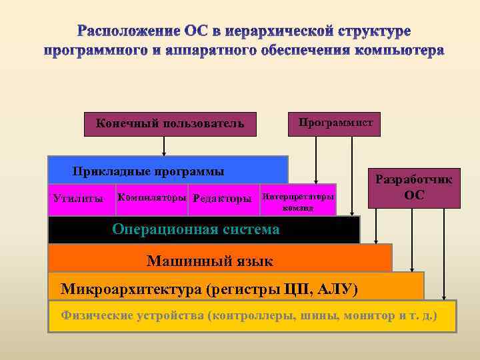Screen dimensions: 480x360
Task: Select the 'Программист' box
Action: [335, 123]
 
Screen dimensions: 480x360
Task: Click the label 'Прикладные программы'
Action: [148, 171]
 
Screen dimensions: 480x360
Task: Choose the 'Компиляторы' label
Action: [153, 198]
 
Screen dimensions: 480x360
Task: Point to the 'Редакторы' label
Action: [222, 199]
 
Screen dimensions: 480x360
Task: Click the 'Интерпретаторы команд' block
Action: [298, 201]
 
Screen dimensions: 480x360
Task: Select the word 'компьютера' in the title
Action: [401, 51]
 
